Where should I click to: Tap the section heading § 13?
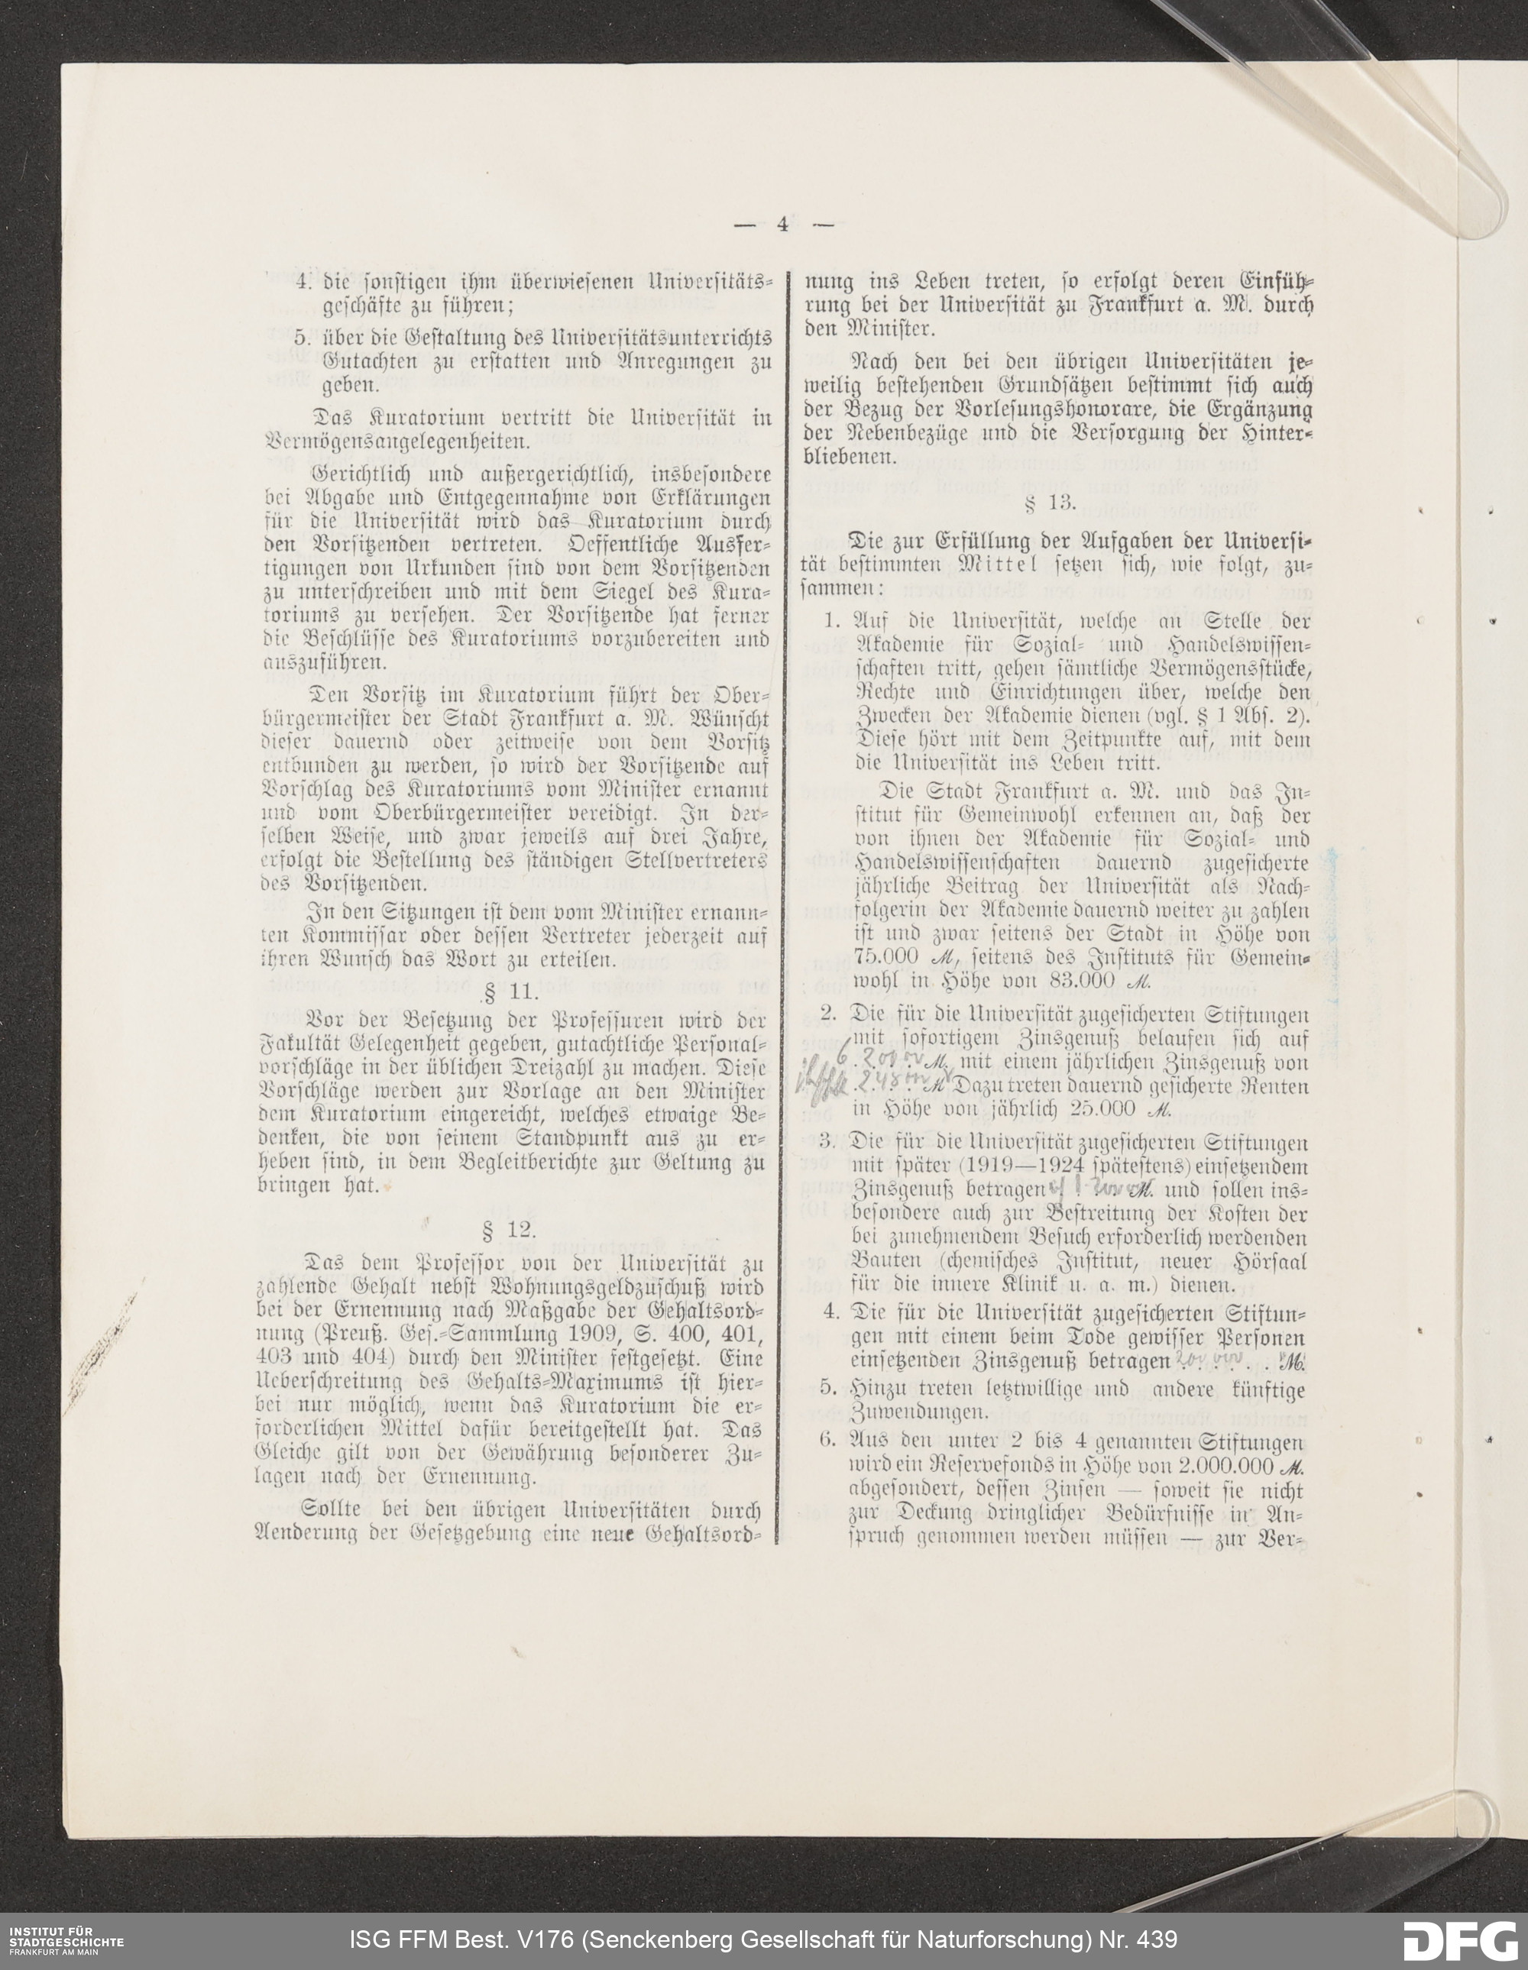1050,503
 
